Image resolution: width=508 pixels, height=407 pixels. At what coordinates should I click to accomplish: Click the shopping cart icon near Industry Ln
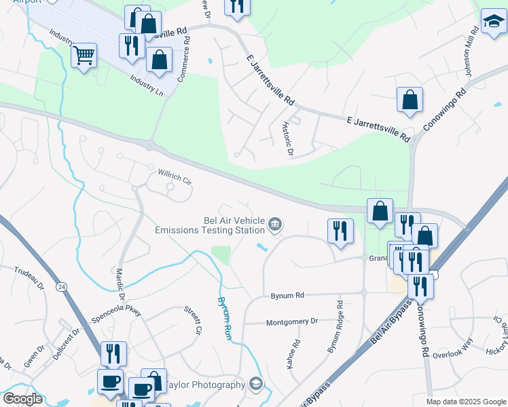(x=84, y=55)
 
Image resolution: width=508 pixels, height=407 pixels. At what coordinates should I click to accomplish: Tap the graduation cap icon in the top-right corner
(x=494, y=22)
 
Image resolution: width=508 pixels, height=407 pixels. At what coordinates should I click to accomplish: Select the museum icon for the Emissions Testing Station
(x=275, y=225)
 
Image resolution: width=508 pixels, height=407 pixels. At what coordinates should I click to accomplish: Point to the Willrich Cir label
(x=176, y=177)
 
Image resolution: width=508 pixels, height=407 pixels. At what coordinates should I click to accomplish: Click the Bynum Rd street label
(x=287, y=296)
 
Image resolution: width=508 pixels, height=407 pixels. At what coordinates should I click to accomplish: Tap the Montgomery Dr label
(x=292, y=322)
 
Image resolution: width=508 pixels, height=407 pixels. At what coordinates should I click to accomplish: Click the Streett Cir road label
(x=192, y=320)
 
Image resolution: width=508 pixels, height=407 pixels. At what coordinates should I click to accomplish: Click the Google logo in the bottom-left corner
(x=22, y=399)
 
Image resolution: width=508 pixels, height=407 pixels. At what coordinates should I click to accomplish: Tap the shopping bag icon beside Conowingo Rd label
(x=410, y=101)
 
